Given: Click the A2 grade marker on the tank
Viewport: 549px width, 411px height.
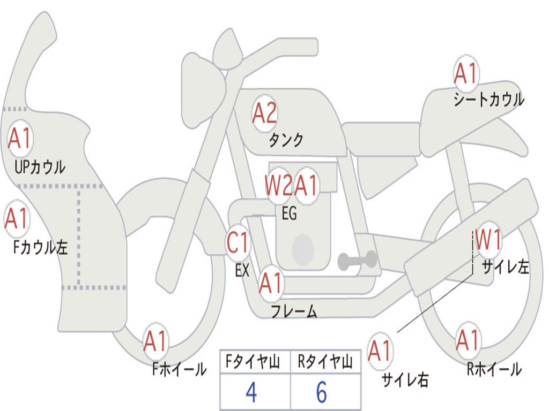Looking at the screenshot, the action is pyautogui.click(x=264, y=113).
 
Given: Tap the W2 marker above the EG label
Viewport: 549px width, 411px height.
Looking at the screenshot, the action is pyautogui.click(x=278, y=185).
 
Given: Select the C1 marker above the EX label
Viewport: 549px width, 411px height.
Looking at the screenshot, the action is pyautogui.click(x=238, y=242).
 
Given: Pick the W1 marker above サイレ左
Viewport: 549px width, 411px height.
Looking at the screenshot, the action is pyautogui.click(x=488, y=240).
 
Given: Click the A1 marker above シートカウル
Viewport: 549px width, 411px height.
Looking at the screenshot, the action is pyautogui.click(x=466, y=73).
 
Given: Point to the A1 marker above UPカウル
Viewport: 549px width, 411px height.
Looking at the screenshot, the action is pyautogui.click(x=20, y=139).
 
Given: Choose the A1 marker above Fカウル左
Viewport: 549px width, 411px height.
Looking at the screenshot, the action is pyautogui.click(x=17, y=218).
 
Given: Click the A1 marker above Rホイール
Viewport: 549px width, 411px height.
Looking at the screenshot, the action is pyautogui.click(x=468, y=340).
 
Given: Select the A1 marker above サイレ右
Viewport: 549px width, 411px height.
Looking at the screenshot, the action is pyautogui.click(x=380, y=351).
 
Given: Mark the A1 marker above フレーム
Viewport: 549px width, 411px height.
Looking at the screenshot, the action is pyautogui.click(x=271, y=283).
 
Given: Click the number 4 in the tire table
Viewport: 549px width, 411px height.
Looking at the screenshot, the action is pyautogui.click(x=251, y=392).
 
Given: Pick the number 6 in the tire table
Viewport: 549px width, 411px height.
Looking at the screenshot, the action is pyautogui.click(x=322, y=392).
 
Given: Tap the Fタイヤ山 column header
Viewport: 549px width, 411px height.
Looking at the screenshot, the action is pyautogui.click(x=253, y=362).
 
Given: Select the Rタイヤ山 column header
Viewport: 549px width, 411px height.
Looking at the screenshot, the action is pyautogui.click(x=325, y=362).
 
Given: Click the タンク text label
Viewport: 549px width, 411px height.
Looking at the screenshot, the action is pyautogui.click(x=286, y=140).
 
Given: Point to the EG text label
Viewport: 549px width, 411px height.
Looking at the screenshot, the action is pyautogui.click(x=289, y=213).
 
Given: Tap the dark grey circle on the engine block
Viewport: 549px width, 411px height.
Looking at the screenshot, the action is pyautogui.click(x=303, y=250).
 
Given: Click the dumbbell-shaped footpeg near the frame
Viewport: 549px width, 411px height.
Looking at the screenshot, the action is pyautogui.click(x=357, y=260).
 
